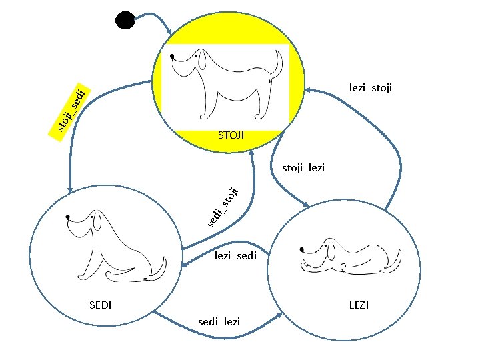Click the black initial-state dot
(x=125, y=20)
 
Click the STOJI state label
(x=231, y=136)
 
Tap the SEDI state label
(x=100, y=305)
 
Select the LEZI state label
(x=359, y=305)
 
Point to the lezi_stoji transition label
(x=371, y=87)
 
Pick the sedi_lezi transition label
(x=219, y=323)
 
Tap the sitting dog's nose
(x=69, y=217)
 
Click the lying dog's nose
(x=303, y=249)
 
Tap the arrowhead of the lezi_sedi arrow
(x=183, y=267)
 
